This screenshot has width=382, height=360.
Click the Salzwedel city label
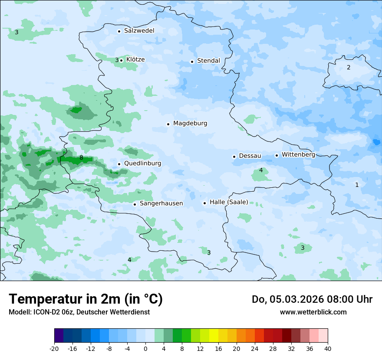click(139, 31)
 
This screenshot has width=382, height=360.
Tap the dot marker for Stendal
click(192, 62)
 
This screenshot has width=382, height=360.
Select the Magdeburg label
click(190, 124)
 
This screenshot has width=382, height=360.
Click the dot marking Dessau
click(234, 157)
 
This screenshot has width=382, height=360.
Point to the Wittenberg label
click(298, 155)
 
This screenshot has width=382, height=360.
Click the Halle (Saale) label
click(229, 202)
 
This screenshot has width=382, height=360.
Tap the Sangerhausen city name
click(161, 203)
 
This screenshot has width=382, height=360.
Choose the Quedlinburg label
click(142, 164)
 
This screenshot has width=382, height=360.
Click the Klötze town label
click(135, 60)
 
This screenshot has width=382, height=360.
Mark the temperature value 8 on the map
click(81, 158)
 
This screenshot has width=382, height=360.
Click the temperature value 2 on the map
click(348, 68)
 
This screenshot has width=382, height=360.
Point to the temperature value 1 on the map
click(357, 185)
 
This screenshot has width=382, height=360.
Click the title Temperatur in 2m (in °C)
click(86, 299)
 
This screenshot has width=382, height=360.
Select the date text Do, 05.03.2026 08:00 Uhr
click(312, 300)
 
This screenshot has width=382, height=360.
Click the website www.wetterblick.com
click(313, 312)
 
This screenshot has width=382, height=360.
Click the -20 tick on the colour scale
click(54, 348)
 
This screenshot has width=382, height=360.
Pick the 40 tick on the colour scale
click(327, 348)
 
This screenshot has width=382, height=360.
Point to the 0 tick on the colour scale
click(145, 348)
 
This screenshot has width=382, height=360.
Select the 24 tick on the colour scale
click(255, 348)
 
